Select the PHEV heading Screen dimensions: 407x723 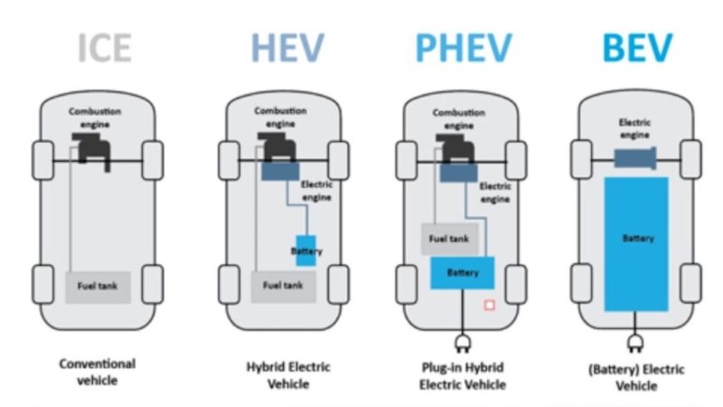point(463,47)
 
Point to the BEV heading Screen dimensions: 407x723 point(637,47)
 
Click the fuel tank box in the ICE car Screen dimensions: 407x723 point(99,287)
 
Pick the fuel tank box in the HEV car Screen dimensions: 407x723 point(282,286)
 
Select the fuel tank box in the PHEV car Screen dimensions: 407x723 point(448,239)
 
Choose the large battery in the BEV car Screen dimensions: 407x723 point(637,240)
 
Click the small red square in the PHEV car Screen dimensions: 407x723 point(489,306)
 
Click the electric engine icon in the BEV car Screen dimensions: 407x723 point(638,159)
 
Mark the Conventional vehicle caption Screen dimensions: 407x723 point(98,372)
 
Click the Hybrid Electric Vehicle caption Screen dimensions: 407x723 point(288,375)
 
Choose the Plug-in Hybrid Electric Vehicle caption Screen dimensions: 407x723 point(462,375)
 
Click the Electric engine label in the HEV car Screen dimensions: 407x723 point(316,191)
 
